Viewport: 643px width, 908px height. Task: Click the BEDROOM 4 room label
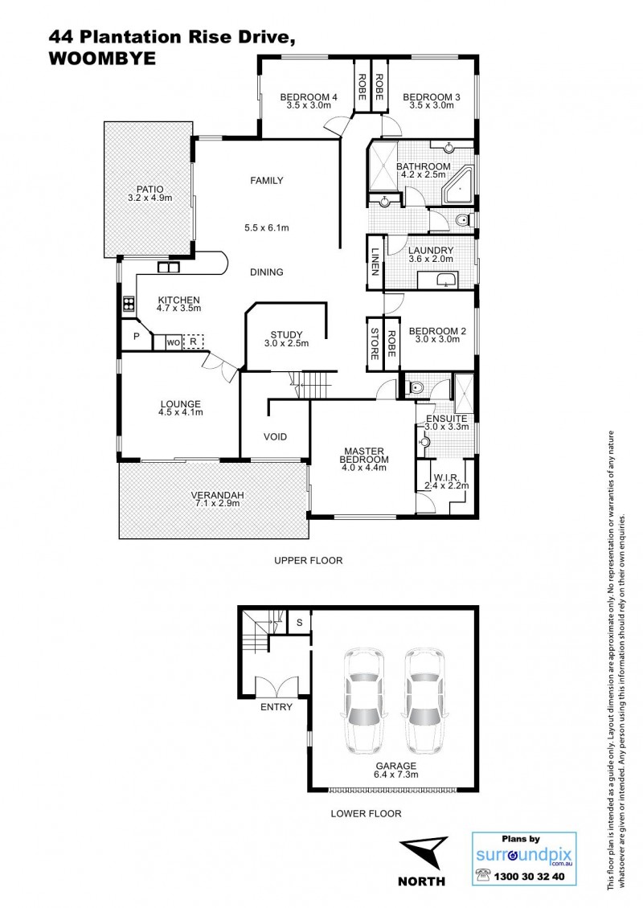pos(309,97)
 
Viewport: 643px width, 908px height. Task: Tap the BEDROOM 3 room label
pos(432,97)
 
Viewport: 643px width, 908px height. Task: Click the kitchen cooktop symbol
pos(128,304)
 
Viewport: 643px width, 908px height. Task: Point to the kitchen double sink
pos(169,267)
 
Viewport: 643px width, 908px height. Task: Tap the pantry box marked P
pos(136,336)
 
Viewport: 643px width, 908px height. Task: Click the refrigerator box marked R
pos(194,342)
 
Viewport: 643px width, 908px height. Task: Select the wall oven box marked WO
pos(173,342)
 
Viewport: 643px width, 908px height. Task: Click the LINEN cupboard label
pos(375,262)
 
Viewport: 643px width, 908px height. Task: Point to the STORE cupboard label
pos(375,344)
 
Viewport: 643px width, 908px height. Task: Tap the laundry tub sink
pos(445,280)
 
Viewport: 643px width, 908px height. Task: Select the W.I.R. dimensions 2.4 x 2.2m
pos(447,486)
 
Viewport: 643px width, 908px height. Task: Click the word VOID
pos(275,436)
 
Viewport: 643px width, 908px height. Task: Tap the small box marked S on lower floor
pos(300,623)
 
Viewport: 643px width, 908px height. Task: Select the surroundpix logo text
pos(524,855)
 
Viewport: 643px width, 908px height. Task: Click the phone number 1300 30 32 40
pos(529,877)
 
